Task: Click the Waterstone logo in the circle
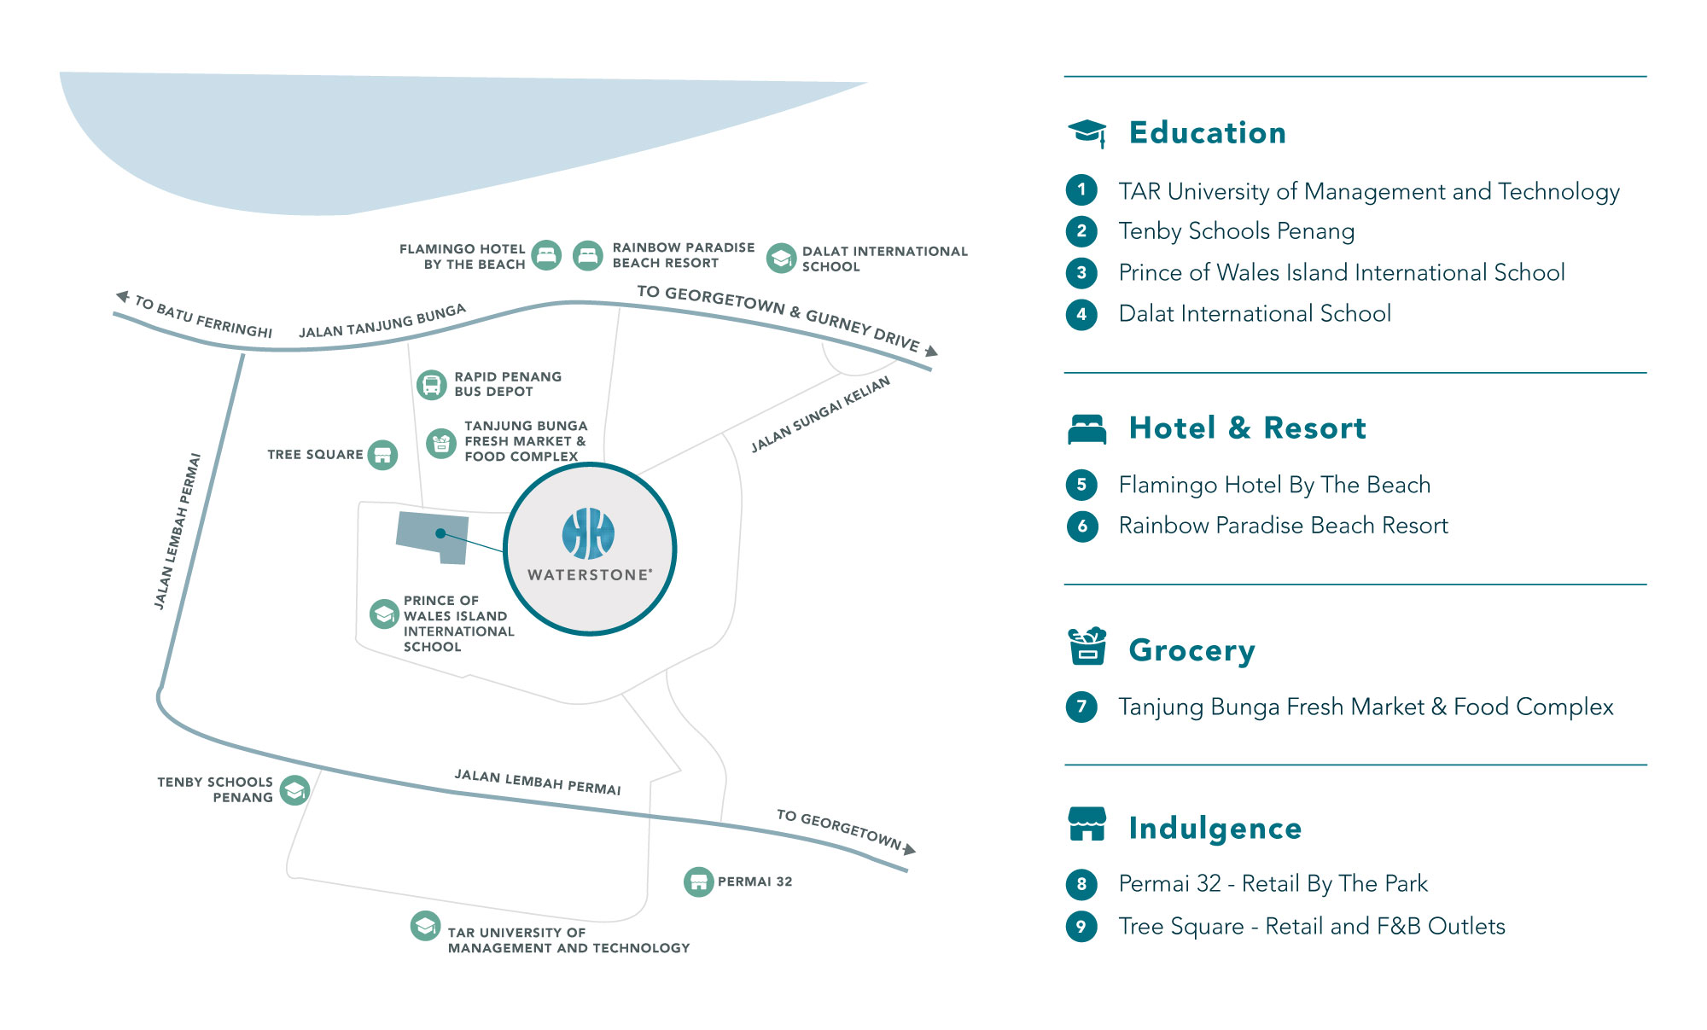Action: point(589,533)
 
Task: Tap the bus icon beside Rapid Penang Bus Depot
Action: point(432,385)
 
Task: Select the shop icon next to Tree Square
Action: point(382,455)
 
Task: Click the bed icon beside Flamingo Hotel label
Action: point(546,255)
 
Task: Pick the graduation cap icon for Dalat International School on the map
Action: point(781,258)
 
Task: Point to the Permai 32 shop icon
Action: point(699,882)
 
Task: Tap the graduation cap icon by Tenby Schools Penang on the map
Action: point(295,790)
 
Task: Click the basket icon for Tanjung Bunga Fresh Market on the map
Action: point(441,443)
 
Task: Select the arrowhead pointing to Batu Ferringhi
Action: point(123,297)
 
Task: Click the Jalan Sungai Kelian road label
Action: point(820,414)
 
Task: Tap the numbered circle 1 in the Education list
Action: point(1081,189)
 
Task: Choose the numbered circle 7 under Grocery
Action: point(1081,707)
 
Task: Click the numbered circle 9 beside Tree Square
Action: point(1081,926)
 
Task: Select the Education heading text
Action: point(1207,133)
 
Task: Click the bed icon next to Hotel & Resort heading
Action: point(1087,429)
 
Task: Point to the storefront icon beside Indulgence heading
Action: point(1087,824)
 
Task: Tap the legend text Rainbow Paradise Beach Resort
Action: point(1283,526)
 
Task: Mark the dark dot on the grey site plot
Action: point(440,533)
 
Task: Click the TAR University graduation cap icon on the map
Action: point(425,926)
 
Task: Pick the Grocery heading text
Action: point(1191,650)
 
